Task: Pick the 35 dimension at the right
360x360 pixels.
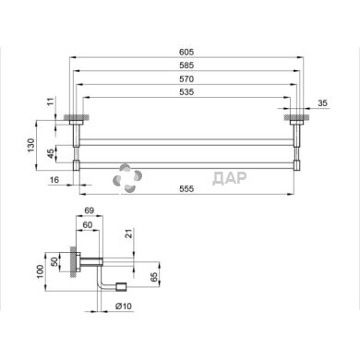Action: point(321,104)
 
